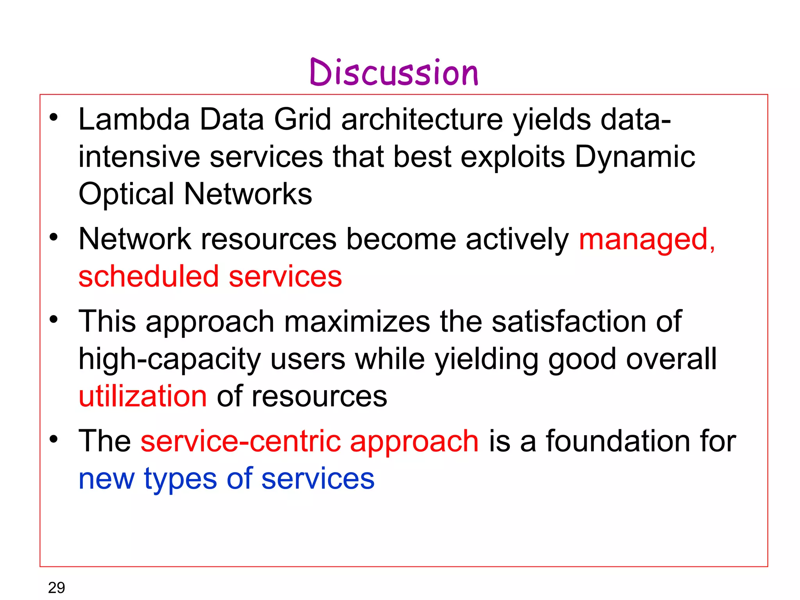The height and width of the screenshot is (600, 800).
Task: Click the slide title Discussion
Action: pos(394,73)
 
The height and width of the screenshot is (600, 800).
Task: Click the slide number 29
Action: pos(56,587)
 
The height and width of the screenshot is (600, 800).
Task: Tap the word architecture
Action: pos(422,120)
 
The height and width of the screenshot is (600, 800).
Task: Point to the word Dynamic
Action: pos(635,157)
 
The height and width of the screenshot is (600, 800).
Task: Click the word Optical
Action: pos(126,195)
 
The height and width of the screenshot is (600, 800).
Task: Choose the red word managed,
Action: pos(646,240)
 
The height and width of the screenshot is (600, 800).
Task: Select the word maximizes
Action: pos(357,322)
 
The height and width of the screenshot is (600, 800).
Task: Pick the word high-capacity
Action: pos(169,359)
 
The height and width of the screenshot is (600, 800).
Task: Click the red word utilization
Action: pos(143,396)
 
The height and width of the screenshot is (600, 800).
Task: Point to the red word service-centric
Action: pos(240,441)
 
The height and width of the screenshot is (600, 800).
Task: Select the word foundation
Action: pos(618,441)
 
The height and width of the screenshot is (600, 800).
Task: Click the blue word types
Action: pos(180,479)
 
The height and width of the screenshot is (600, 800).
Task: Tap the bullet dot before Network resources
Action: pos(54,237)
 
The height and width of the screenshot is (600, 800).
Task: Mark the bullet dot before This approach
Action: pos(54,319)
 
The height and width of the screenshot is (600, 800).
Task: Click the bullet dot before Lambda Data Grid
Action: pos(54,117)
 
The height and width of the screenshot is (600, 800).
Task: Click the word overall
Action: pos(671,359)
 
